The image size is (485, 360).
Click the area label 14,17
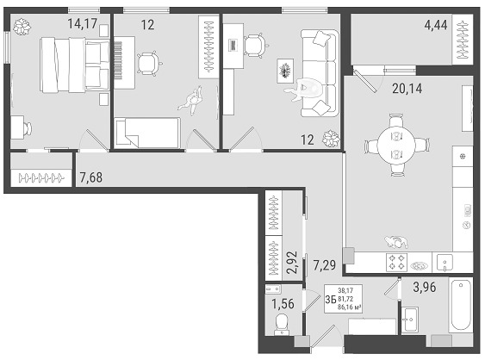tap(83, 23)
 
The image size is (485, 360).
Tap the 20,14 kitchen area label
tap(407, 89)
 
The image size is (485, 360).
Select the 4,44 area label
tap(436, 25)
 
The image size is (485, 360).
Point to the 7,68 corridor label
tap(91, 177)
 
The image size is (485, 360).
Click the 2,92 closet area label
tap(292, 263)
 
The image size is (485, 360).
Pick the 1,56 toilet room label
tap(283, 304)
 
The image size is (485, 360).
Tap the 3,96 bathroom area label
tap(425, 287)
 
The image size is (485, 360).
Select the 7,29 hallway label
tap(325, 265)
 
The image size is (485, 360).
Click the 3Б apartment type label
tap(331, 300)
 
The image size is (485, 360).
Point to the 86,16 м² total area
tap(350, 307)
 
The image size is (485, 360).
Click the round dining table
tap(396, 145)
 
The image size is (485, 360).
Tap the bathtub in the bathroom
tap(461, 306)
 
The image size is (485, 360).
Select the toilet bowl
tap(282, 324)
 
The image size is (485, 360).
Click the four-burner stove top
tap(396, 263)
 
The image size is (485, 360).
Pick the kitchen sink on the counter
tap(445, 263)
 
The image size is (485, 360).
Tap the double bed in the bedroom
tap(75, 65)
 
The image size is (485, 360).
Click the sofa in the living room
tap(320, 73)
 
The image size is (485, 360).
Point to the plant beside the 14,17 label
tap(22, 27)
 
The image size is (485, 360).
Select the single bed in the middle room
tap(147, 133)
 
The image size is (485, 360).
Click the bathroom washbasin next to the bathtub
tap(410, 320)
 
